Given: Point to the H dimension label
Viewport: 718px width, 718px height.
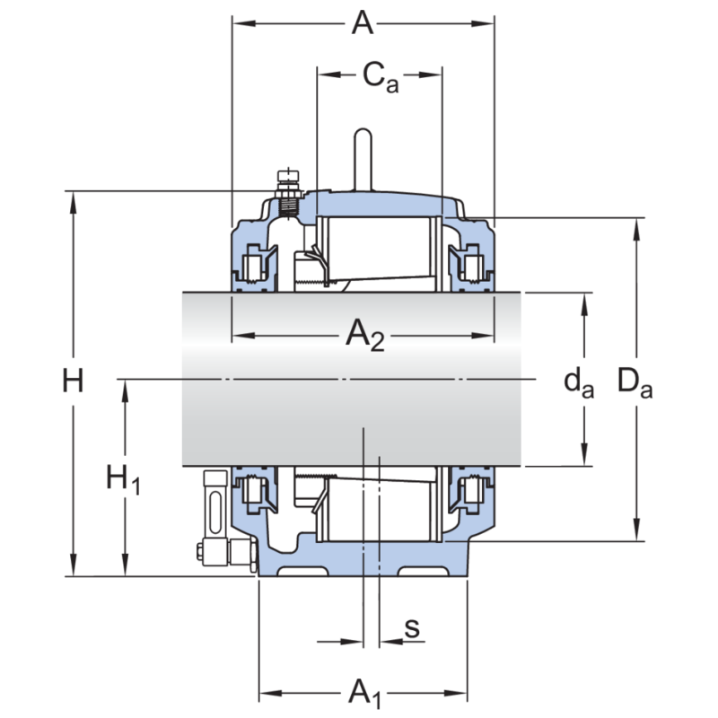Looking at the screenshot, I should click(73, 382).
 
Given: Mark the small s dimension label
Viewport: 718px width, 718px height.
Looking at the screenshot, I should click(412, 628).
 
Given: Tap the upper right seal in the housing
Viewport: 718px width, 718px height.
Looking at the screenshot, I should click(470, 264).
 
